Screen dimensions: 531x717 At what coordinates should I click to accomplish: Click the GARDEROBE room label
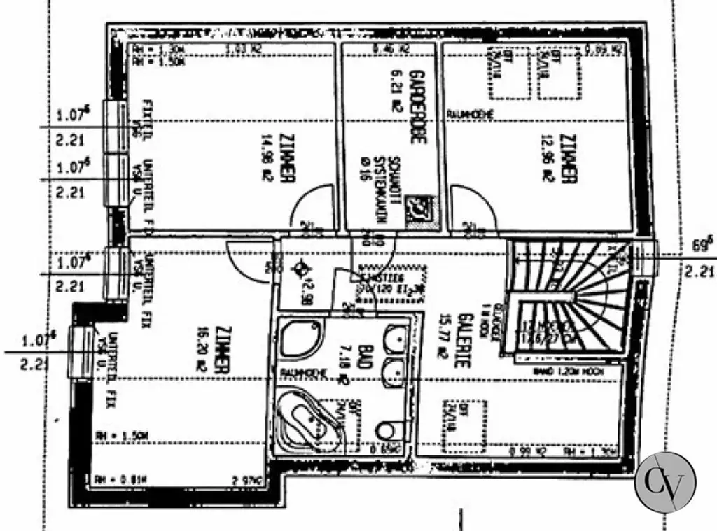click(x=418, y=106)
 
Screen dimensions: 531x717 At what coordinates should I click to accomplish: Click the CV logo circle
click(x=665, y=483)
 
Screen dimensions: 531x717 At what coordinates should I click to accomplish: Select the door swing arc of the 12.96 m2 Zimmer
click(x=471, y=208)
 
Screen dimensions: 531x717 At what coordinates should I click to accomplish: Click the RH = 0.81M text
click(x=110, y=479)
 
